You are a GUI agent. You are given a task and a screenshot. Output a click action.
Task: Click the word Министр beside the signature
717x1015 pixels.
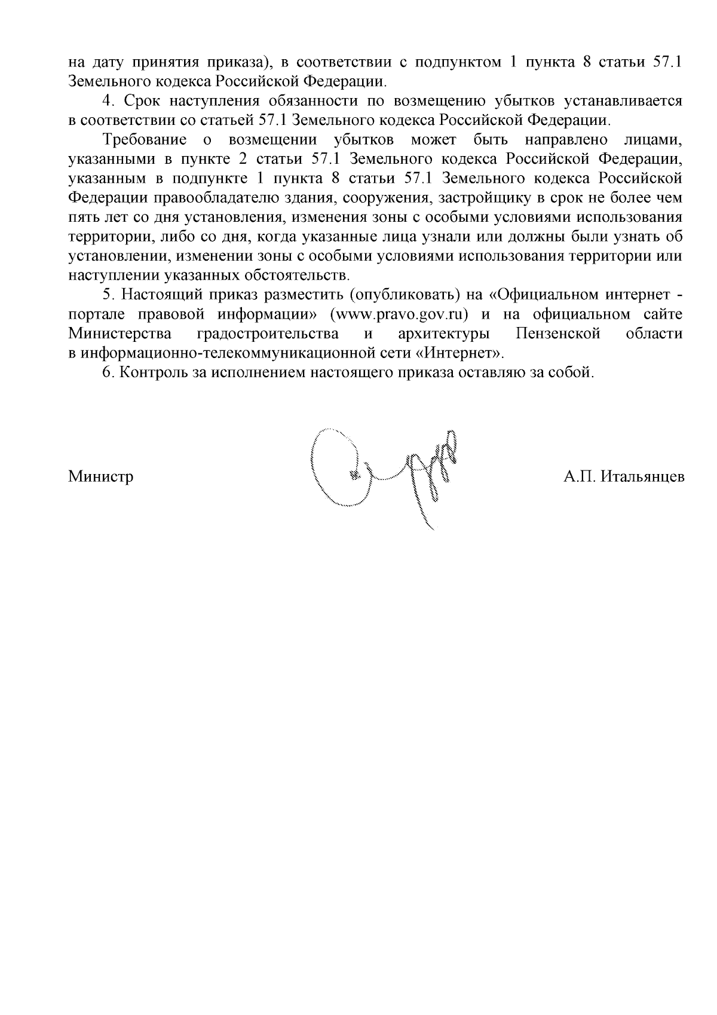tap(101, 477)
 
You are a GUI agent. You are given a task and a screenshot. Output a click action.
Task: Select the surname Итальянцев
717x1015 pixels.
tap(643, 477)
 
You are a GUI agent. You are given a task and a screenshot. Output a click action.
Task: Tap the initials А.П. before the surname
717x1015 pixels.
tap(580, 477)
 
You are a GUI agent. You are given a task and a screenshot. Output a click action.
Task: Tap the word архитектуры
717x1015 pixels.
tap(445, 334)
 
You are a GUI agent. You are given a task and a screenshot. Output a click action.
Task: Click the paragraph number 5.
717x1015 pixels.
tap(107, 295)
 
